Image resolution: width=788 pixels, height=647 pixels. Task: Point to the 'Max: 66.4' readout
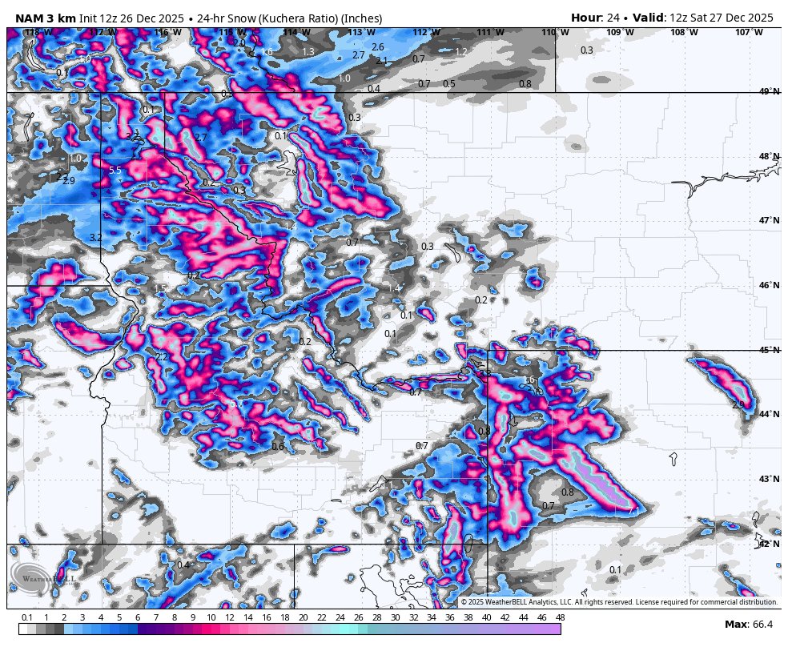[x=749, y=625]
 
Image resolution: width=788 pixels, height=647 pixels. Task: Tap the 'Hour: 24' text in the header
[x=593, y=18]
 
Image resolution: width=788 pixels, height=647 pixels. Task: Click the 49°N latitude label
[x=770, y=92]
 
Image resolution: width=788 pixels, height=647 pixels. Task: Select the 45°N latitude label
[x=770, y=350]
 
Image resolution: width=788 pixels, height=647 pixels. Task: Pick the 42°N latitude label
[x=770, y=544]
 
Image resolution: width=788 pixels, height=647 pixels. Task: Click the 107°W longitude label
[x=749, y=32]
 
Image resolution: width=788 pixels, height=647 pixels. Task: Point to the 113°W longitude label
[x=361, y=32]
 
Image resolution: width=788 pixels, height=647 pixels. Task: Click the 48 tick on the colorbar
[x=559, y=617]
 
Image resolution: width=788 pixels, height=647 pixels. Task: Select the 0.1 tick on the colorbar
[x=26, y=617]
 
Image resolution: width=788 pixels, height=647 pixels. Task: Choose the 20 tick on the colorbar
[x=304, y=617]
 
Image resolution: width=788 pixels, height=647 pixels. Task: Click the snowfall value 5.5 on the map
[x=115, y=171]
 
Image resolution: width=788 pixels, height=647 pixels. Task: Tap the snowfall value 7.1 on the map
[x=633, y=510]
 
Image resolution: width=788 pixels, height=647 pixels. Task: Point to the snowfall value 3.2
[x=96, y=237]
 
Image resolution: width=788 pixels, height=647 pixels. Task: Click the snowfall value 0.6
[x=278, y=446]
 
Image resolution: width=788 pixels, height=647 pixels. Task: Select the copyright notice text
[x=619, y=602]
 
